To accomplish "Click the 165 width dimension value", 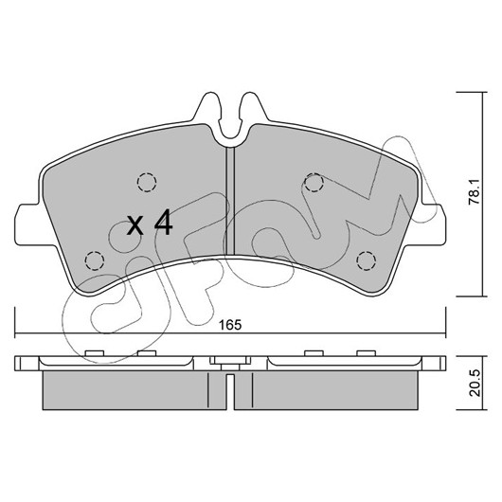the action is [x=230, y=325].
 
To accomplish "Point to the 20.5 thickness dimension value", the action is [x=475, y=383].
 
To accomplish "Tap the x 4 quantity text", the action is [x=151, y=224].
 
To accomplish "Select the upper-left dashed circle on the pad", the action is [x=147, y=182].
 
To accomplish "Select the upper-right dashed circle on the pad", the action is [x=314, y=182].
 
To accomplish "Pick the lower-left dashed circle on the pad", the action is [x=95, y=260].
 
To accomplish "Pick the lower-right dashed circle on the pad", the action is [x=367, y=260].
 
